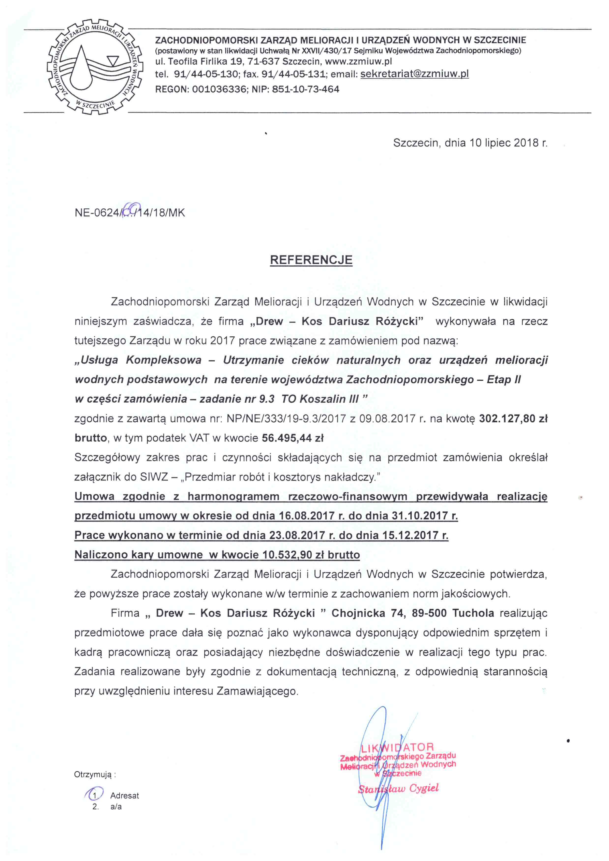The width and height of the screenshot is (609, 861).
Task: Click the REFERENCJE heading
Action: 311,260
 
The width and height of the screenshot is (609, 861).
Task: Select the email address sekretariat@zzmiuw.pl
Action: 414,74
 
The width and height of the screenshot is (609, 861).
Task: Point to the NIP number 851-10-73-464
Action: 306,89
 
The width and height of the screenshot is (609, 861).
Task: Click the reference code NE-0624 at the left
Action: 97,213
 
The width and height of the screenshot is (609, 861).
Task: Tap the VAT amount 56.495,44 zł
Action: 292,438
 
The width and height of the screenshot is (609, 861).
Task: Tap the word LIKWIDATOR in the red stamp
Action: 397,747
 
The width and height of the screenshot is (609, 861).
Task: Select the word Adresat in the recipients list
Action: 125,796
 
